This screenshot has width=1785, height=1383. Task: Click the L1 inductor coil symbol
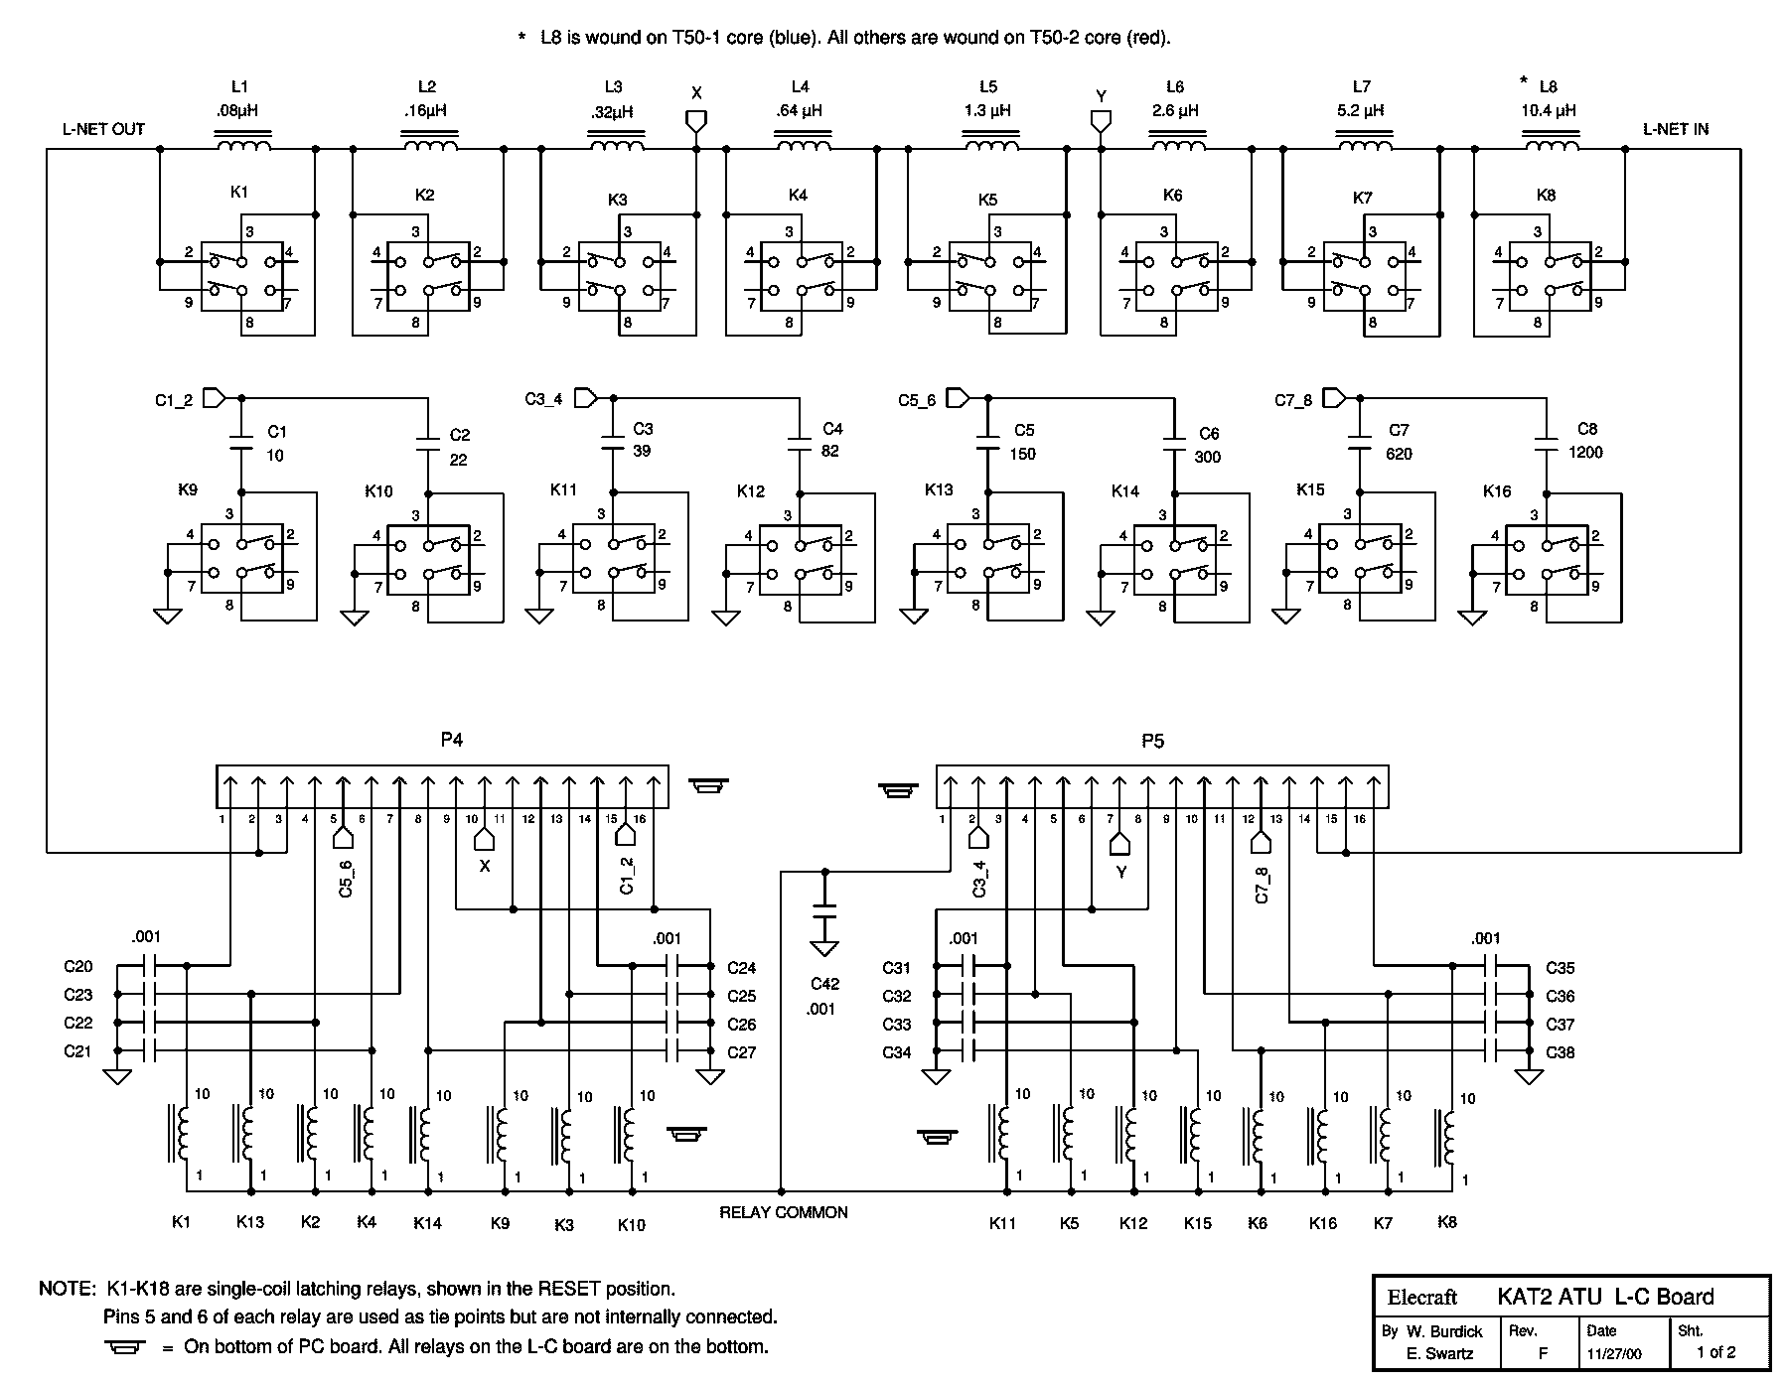click(243, 148)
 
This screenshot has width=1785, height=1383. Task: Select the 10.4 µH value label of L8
click(1549, 111)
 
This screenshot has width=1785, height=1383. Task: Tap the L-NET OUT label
click(103, 129)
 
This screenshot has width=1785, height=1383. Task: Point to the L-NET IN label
click(1676, 129)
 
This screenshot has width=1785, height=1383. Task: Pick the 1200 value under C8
click(1585, 453)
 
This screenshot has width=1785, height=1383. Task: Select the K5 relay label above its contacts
click(987, 200)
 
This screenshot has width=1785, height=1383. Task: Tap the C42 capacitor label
click(824, 984)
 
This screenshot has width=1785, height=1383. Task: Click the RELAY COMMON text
click(784, 1212)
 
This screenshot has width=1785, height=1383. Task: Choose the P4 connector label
click(452, 740)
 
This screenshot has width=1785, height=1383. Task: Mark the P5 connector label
click(1152, 741)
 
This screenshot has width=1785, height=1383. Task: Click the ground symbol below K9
click(168, 616)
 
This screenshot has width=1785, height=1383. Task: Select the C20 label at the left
click(77, 967)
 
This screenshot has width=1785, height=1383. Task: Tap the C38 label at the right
click(1560, 1052)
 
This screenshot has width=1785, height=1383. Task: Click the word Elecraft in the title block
click(1422, 1297)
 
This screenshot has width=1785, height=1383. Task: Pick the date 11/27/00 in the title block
click(1614, 1352)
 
